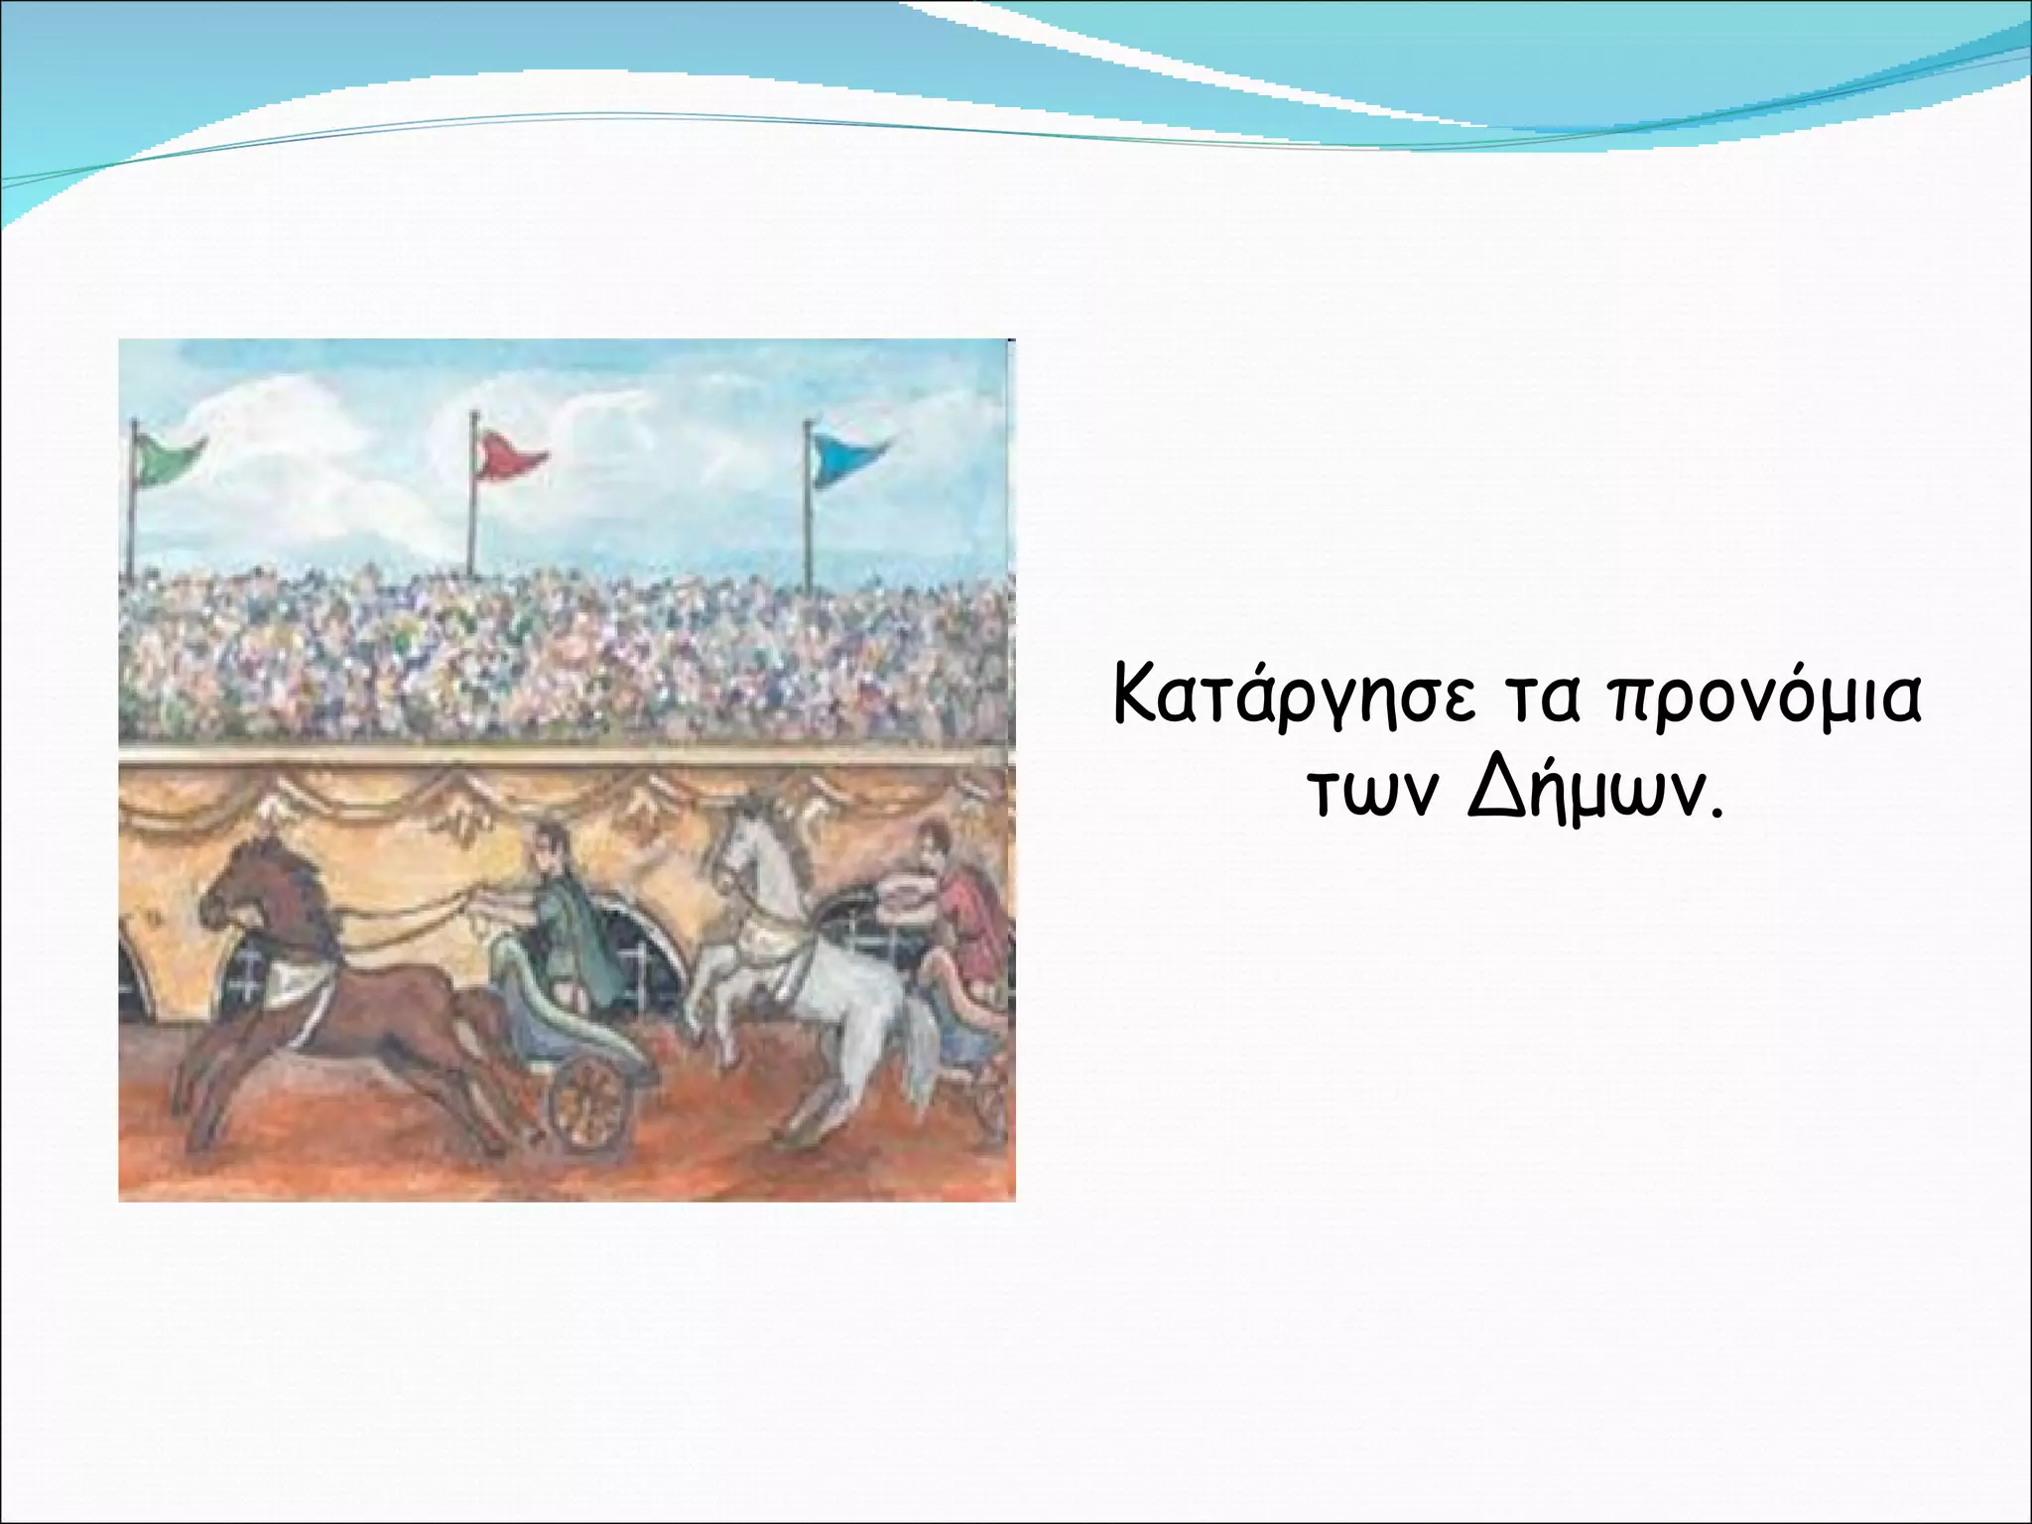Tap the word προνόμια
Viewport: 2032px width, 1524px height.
point(1764,700)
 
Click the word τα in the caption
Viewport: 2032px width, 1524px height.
point(1537,698)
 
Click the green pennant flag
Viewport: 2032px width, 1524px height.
point(171,458)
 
